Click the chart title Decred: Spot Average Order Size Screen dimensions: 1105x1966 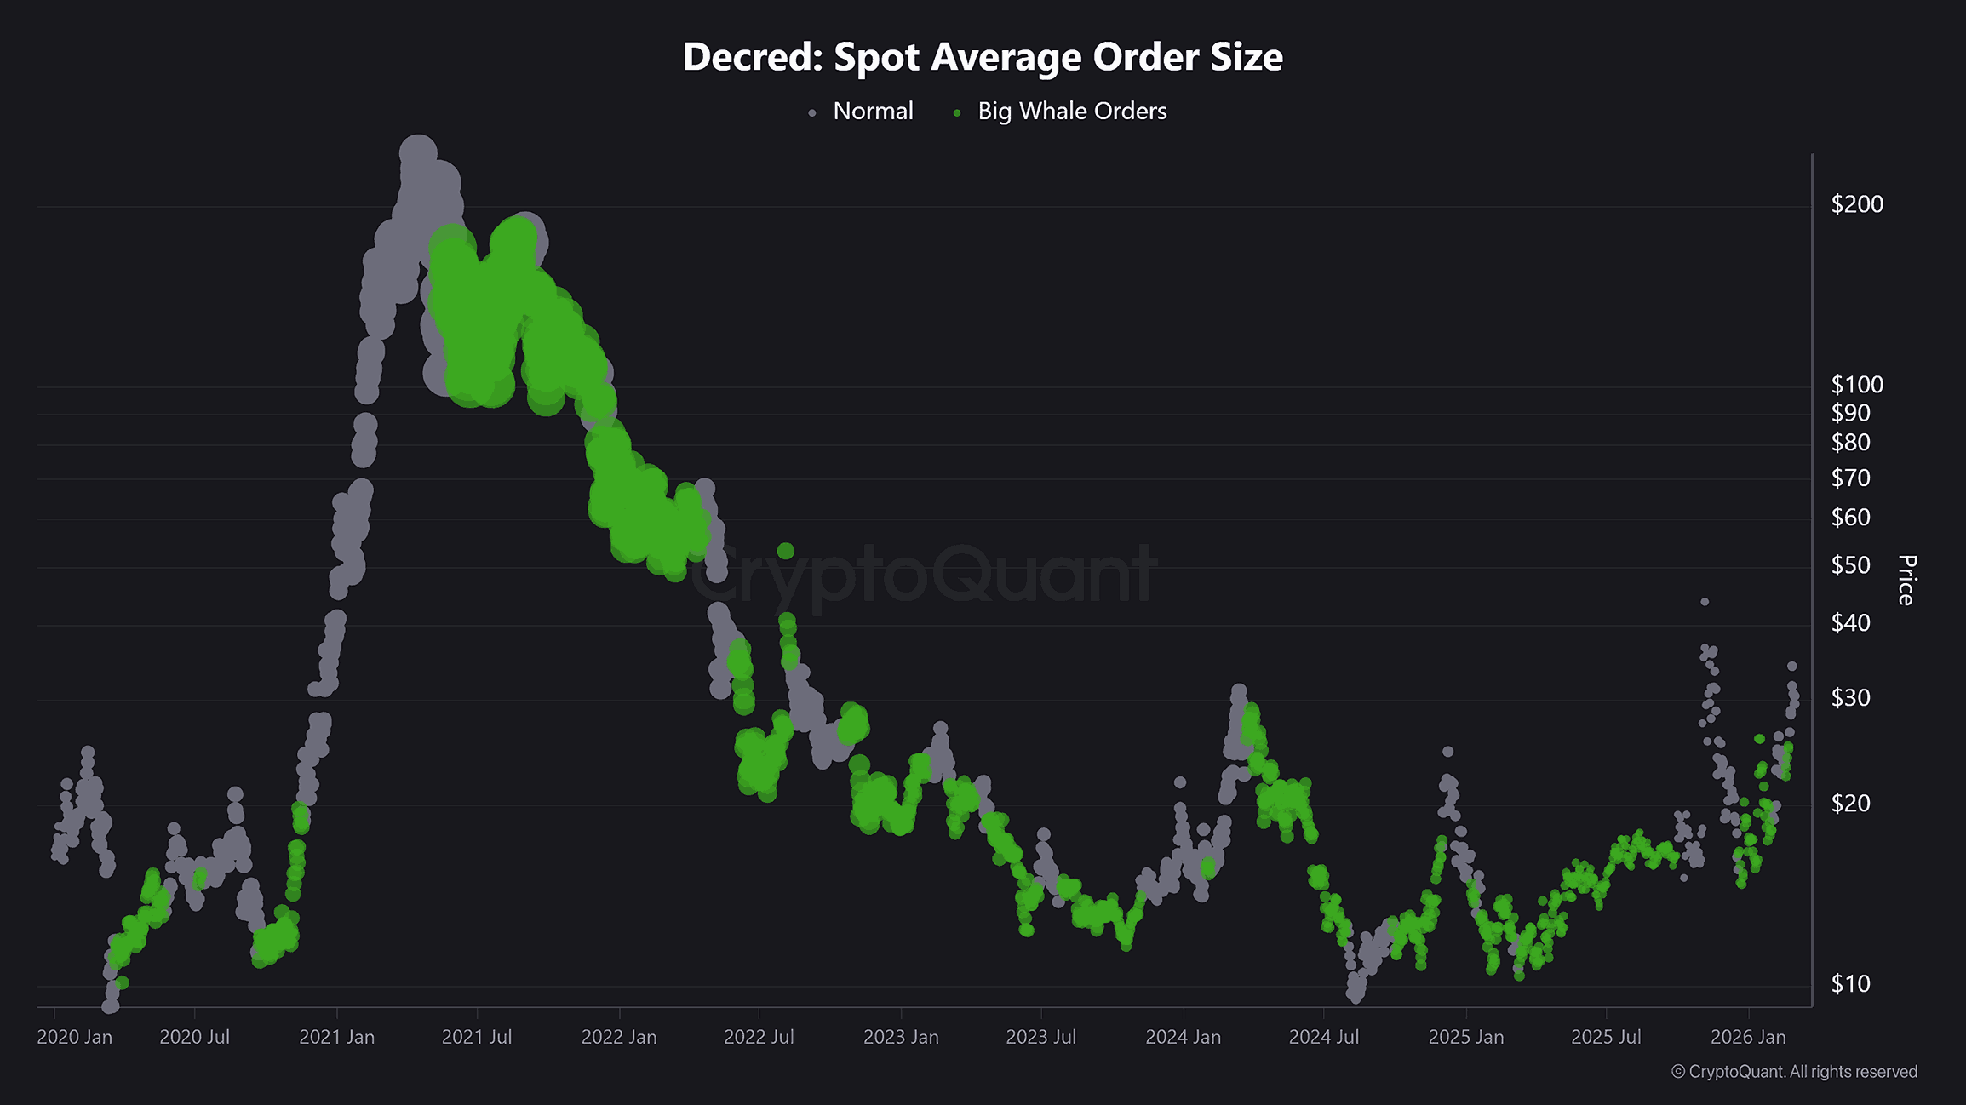tap(983, 57)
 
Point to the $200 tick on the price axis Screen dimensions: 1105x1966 tap(1857, 204)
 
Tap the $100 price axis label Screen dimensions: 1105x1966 tap(1857, 385)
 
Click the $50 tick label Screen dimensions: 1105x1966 tap(1850, 565)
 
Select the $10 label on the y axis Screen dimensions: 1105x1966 tap(1850, 984)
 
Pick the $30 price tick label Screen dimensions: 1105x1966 tap(1850, 698)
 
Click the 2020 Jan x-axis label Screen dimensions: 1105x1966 tap(74, 1037)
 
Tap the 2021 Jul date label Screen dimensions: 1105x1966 tap(477, 1037)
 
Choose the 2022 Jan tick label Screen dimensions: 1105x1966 tap(619, 1037)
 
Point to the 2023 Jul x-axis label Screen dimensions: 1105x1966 tap(1040, 1037)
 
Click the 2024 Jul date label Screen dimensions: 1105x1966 tap(1324, 1037)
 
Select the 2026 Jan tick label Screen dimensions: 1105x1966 tap(1748, 1037)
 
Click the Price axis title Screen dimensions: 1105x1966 tap(1906, 581)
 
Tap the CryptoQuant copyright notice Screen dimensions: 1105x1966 tap(1794, 1072)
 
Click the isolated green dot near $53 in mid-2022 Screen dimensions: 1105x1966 tap(785, 551)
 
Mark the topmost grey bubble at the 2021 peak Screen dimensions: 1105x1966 tap(417, 152)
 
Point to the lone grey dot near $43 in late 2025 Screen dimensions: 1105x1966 tap(1705, 602)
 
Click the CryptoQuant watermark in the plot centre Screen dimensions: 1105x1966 tap(924, 575)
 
